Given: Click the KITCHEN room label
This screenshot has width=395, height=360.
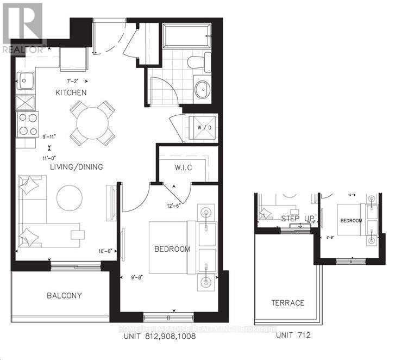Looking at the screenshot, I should pos(71,92).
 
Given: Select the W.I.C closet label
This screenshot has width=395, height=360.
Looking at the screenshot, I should pos(183,167).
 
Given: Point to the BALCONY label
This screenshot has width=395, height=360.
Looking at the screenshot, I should pos(64,295).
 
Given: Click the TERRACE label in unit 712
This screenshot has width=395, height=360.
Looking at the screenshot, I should pos(289,302).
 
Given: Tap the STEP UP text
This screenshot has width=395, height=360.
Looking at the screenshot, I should pos(294,219).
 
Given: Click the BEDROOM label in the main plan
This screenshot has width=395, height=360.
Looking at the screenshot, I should pos(172,249).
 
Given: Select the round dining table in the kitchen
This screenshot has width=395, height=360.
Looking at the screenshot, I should pos(91,123).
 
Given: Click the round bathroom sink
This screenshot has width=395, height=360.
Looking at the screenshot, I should pos(203,88).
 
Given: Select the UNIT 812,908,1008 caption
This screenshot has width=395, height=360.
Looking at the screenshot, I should pos(155,336).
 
